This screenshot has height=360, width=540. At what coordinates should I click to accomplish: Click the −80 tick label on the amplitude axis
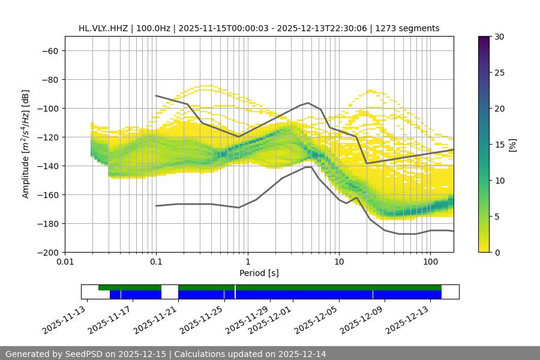(49, 79)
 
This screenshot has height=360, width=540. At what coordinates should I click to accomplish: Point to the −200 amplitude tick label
(47, 252)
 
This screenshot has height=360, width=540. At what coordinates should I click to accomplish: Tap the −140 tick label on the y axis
(47, 166)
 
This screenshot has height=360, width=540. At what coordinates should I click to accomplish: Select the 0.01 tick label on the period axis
(65, 262)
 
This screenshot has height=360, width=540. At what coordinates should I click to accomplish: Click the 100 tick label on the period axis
(430, 262)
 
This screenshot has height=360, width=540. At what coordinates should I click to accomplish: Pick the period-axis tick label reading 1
(247, 262)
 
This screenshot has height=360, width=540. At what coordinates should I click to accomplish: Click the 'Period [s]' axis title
(259, 273)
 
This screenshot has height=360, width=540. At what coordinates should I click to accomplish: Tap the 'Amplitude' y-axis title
(26, 144)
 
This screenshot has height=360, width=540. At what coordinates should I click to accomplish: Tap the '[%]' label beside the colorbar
(512, 145)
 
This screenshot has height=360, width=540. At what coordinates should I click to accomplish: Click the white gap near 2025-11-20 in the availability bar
(170, 292)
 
